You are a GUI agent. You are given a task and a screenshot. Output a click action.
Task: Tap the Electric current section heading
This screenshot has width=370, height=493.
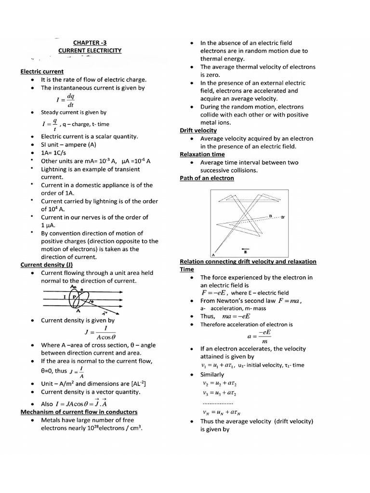pos(42,71)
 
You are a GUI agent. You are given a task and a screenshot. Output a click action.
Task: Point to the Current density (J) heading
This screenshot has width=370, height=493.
pos(46,264)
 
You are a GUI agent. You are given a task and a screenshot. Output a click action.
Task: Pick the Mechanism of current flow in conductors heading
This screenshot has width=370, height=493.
pos(79,412)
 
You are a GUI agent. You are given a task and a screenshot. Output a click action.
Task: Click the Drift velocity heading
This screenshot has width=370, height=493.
pos(198,130)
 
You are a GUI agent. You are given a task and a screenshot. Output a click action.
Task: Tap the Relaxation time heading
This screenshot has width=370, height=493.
pos(202,154)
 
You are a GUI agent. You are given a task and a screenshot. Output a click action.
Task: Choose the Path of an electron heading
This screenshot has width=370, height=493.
pos(207,178)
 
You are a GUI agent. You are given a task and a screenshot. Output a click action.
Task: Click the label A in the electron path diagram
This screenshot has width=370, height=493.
pos(213,254)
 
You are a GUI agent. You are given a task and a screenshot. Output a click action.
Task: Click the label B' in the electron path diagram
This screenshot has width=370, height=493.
pos(283,217)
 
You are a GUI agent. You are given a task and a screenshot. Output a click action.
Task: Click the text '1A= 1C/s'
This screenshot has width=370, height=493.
pos(54,153)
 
